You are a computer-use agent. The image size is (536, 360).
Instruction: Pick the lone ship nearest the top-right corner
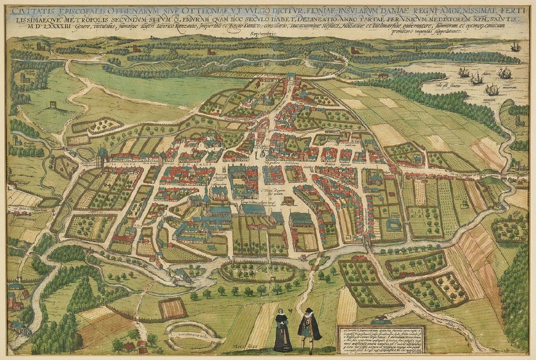click(x=515, y=46)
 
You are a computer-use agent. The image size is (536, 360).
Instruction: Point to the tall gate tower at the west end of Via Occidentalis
click(x=102, y=157)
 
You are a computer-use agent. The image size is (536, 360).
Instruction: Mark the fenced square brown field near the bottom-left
click(x=172, y=308)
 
